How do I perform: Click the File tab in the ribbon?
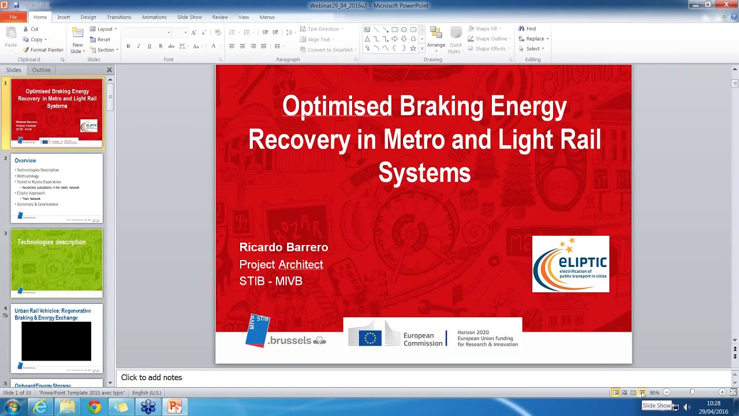point(13,17)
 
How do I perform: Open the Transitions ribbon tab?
point(119,17)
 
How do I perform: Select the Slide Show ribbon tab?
point(189,17)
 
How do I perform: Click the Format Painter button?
point(43,50)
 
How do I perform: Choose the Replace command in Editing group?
point(534,39)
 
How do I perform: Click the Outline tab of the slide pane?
point(42,70)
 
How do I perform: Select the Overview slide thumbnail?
point(57,188)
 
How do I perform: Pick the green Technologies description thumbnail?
point(57,263)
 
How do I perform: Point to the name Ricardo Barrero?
point(283,247)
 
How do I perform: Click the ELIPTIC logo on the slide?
point(570,264)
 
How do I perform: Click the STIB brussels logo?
point(285,332)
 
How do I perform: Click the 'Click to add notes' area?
point(152,377)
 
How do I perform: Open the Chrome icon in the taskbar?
point(94,407)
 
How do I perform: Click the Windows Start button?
point(12,407)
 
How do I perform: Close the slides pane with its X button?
point(109,70)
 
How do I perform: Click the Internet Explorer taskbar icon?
point(40,407)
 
